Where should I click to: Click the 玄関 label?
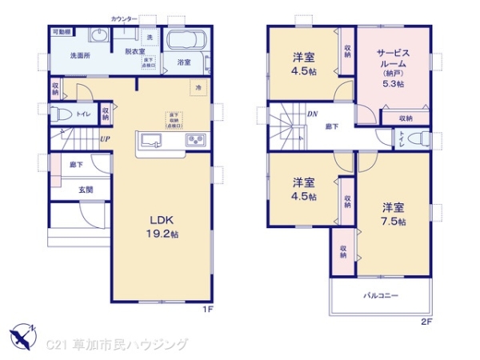85,190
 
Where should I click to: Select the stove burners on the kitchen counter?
196,141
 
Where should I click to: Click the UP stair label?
104,139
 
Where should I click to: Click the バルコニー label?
381,295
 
